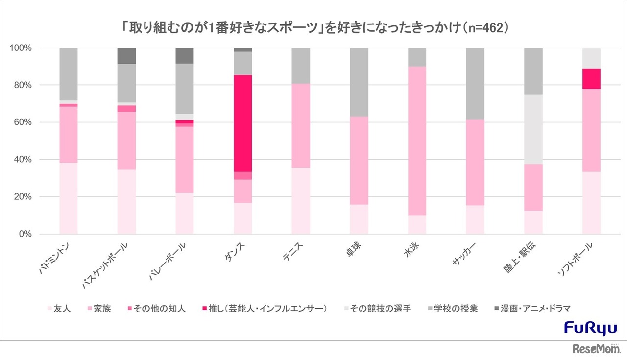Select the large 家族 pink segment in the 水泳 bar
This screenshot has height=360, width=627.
point(417,141)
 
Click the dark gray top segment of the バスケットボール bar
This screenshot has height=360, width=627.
point(126,56)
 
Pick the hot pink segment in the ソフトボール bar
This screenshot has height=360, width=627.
point(591,78)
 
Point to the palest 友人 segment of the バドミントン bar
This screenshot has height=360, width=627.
point(68,198)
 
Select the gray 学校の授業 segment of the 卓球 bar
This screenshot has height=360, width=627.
point(359,82)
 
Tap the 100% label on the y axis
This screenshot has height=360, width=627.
point(20,48)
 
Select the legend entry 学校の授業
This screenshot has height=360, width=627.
point(459,309)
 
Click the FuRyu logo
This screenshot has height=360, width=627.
point(591,328)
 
